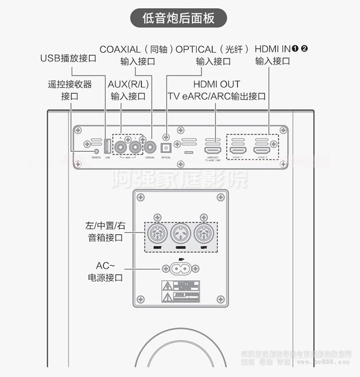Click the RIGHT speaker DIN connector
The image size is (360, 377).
tap(158, 235)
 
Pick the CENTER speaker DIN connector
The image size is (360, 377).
tap(180, 235)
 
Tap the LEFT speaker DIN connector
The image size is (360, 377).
tap(203, 235)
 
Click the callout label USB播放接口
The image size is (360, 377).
tap(68, 59)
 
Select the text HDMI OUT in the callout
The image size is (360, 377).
tap(216, 85)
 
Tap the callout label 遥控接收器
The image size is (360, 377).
tap(70, 85)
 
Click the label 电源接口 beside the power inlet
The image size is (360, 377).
tap(106, 277)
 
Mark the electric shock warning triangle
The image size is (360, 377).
tap(166, 286)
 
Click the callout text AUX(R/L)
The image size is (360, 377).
tap(128, 85)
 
